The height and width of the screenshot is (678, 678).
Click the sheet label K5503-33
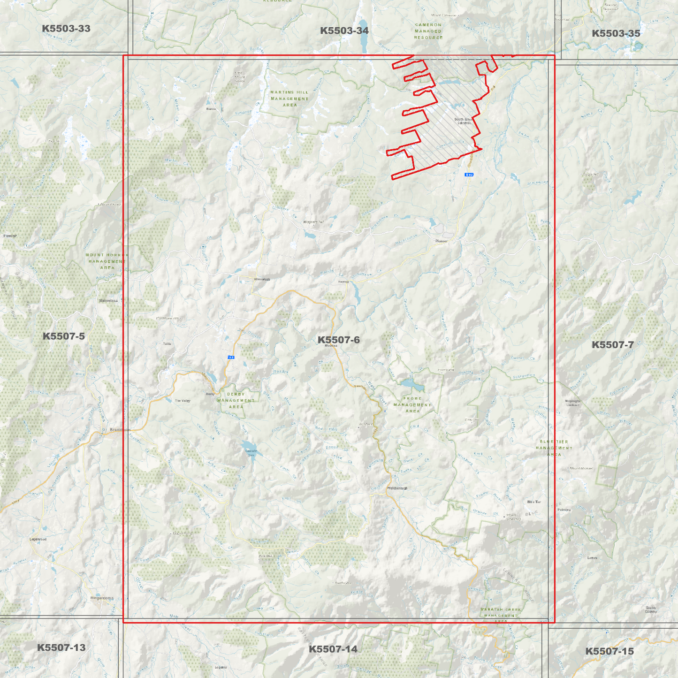point(66,29)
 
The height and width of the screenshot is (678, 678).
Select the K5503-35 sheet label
point(616,33)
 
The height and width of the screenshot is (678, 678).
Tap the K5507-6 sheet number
point(338,340)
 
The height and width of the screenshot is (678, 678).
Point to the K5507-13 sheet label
point(61,648)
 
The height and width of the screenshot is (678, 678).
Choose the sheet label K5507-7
point(612,345)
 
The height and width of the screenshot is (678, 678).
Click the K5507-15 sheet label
point(609,651)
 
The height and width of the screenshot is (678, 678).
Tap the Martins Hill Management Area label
point(289,99)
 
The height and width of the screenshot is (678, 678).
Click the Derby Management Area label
point(236,400)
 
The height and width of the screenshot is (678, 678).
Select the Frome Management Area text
point(412,404)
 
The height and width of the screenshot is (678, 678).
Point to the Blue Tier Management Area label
point(554,448)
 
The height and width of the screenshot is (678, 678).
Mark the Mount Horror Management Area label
point(107,261)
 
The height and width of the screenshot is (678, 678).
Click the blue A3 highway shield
point(231,358)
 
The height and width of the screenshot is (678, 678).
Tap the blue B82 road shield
point(469,175)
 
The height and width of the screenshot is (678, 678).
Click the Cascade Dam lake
point(247,447)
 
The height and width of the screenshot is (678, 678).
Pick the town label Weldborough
point(397,488)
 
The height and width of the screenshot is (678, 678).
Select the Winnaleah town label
point(261,279)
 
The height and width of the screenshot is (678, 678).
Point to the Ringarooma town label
point(102,598)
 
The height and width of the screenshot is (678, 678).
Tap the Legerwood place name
point(38,539)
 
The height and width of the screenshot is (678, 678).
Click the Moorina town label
point(331,346)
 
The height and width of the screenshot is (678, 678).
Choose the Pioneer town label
point(441,241)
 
